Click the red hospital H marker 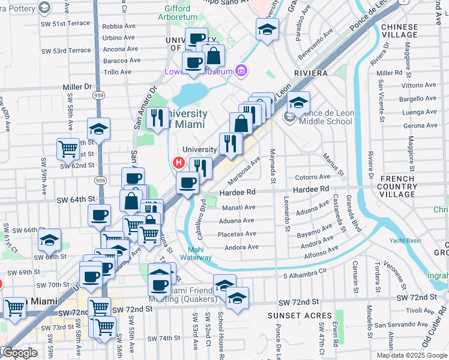coord(178,162)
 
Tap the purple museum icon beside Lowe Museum coord(241,71)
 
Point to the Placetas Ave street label coord(240,234)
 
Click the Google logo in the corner coord(19,353)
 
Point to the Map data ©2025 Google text coord(411,355)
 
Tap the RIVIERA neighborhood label coord(310,73)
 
